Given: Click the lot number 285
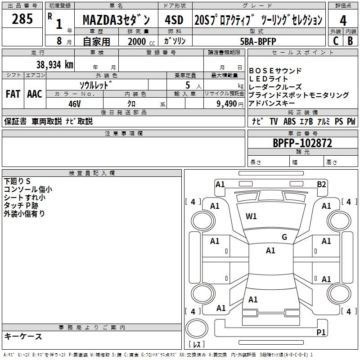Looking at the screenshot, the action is [22, 19].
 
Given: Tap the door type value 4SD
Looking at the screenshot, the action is [174, 20].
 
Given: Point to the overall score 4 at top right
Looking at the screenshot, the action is [343, 20].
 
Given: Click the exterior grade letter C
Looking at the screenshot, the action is [335, 40].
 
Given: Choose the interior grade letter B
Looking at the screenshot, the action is [350, 40].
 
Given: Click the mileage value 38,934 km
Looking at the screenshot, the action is [54, 64].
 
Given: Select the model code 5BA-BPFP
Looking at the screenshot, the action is [258, 41].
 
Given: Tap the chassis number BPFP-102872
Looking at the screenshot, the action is [302, 143].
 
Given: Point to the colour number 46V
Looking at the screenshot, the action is [74, 103].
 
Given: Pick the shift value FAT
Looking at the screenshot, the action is [13, 94].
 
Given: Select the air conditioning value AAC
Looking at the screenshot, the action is [35, 94].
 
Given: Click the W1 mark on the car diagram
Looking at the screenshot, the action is [251, 216].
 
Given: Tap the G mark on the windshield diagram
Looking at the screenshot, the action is [284, 237].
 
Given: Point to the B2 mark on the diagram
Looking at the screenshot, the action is [321, 184].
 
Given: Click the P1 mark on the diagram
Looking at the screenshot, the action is [321, 332].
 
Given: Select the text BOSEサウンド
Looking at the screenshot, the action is [275, 71].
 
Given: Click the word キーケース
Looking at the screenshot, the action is [23, 336].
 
